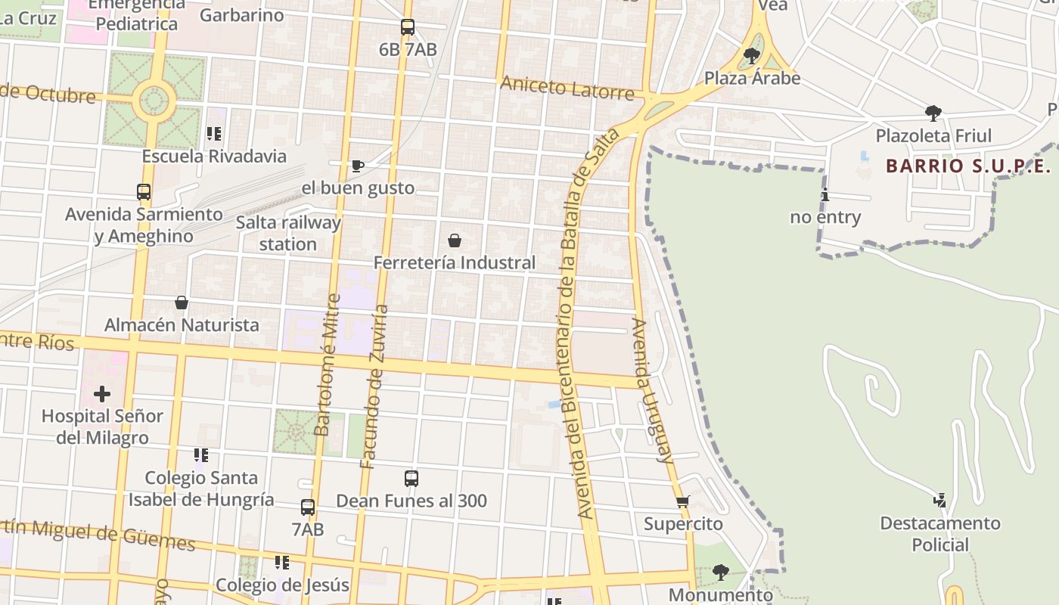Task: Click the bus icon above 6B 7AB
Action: (x=408, y=27)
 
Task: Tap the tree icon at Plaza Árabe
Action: (x=752, y=55)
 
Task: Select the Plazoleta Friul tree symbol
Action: (x=933, y=113)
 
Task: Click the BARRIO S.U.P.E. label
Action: (x=968, y=166)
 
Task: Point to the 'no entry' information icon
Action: (x=825, y=195)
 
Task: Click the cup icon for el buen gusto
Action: (x=358, y=166)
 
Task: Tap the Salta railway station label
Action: (x=288, y=233)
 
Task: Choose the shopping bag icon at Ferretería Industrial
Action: (x=455, y=240)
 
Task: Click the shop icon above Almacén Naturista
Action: (x=182, y=302)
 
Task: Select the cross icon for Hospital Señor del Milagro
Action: (x=102, y=394)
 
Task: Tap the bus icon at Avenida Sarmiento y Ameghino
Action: (x=144, y=192)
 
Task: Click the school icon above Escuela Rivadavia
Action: (x=214, y=134)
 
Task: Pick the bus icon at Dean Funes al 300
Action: (x=411, y=479)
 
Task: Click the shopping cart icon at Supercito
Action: (x=683, y=501)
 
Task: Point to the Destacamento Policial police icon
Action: (x=940, y=501)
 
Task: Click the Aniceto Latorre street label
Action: (x=567, y=88)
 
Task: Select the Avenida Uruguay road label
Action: (x=652, y=390)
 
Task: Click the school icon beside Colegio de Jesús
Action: (x=282, y=563)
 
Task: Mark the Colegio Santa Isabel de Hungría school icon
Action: (x=201, y=455)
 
